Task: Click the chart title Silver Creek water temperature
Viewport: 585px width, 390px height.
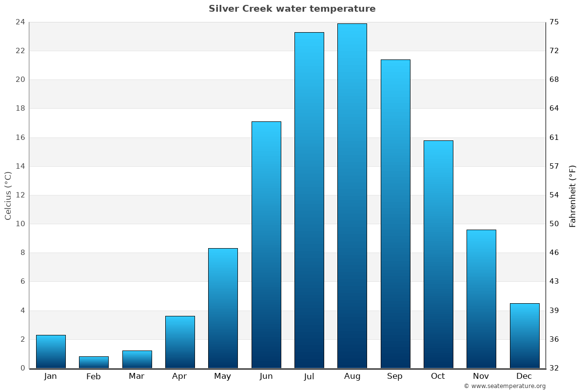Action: coord(292,9)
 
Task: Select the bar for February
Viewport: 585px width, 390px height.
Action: coord(94,362)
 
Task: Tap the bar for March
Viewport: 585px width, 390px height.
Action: coord(137,359)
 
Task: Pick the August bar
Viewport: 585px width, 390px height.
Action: coord(352,195)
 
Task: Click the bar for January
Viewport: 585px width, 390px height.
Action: coord(51,351)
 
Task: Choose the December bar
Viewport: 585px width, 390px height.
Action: coord(525,335)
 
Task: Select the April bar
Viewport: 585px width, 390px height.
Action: coord(180,342)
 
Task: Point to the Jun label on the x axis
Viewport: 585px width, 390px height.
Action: coord(266,376)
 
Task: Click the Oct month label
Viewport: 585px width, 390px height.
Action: coord(438,376)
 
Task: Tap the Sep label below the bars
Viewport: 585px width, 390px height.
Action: coord(395,376)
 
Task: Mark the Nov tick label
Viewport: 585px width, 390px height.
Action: coord(481,376)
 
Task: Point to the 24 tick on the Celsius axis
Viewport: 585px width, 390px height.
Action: coord(20,22)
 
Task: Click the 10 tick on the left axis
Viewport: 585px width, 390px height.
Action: coord(20,224)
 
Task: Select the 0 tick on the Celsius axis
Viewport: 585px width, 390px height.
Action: coord(22,368)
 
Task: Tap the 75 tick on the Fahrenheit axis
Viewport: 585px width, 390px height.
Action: coord(554,22)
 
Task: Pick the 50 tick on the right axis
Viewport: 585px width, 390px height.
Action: coord(554,224)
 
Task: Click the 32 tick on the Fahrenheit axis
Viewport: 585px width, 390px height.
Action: coord(554,368)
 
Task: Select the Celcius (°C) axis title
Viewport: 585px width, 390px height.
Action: coord(8,195)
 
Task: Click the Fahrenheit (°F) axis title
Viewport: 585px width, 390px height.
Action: coord(573,196)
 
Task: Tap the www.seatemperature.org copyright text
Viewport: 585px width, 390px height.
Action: coord(505,386)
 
